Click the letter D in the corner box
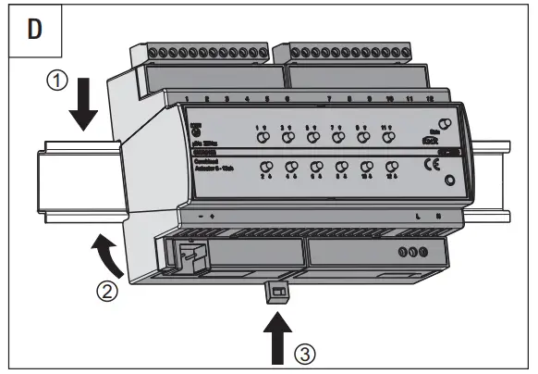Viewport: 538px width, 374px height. (35, 28)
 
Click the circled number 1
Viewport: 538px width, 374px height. (58, 81)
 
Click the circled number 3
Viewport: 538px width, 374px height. (303, 353)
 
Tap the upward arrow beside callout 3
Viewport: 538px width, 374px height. (276, 335)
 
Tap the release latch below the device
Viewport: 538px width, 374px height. (276, 293)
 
